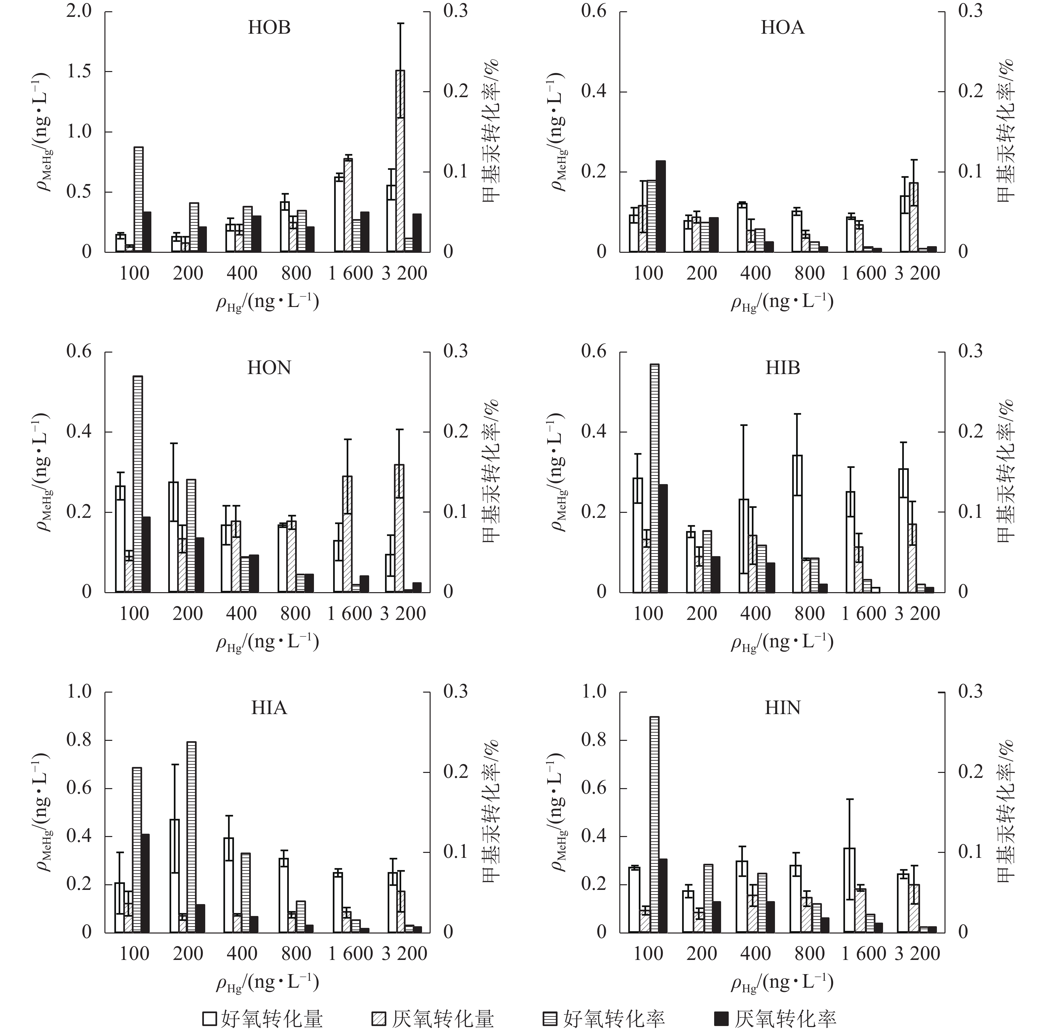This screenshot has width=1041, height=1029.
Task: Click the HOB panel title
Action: tap(269, 27)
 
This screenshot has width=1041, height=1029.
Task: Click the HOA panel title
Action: tap(782, 27)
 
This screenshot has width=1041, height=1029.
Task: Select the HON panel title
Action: tap(269, 368)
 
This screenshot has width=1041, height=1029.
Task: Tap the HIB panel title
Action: tap(782, 368)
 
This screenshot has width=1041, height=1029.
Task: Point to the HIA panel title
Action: tap(269, 708)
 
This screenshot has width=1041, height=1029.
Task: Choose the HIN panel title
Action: tap(782, 708)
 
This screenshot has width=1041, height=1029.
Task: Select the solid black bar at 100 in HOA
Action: tap(661, 206)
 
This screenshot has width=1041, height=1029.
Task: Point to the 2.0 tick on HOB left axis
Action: tap(79, 11)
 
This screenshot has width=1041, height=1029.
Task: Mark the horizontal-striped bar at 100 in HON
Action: tap(137, 484)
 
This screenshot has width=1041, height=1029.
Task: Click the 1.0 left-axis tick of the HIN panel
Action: tap(594, 692)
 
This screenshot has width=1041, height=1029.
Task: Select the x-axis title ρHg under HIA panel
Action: tap(268, 982)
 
